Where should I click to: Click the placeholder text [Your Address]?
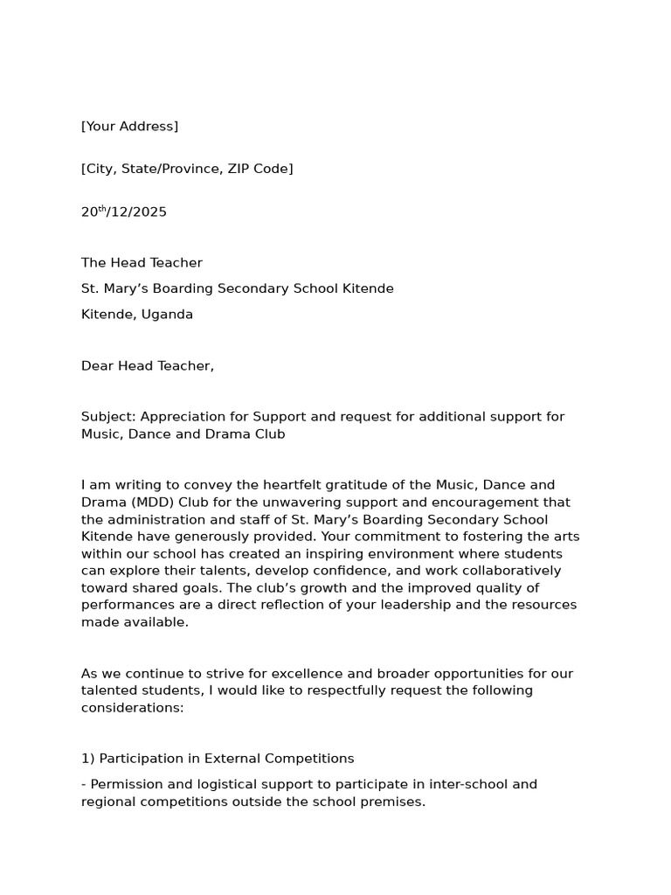click(129, 127)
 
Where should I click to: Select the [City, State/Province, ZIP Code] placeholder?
click(187, 169)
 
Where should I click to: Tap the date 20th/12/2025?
click(123, 212)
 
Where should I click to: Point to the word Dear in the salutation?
click(98, 366)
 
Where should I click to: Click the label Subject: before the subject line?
click(108, 417)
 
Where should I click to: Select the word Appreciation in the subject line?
click(181, 417)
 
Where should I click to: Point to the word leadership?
click(418, 605)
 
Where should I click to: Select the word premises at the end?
click(388, 801)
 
